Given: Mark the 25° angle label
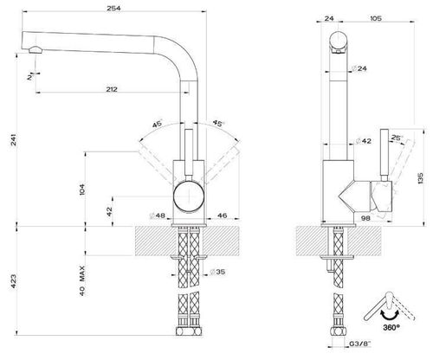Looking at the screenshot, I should click(x=397, y=138).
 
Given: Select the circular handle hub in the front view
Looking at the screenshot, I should click(x=187, y=196).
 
